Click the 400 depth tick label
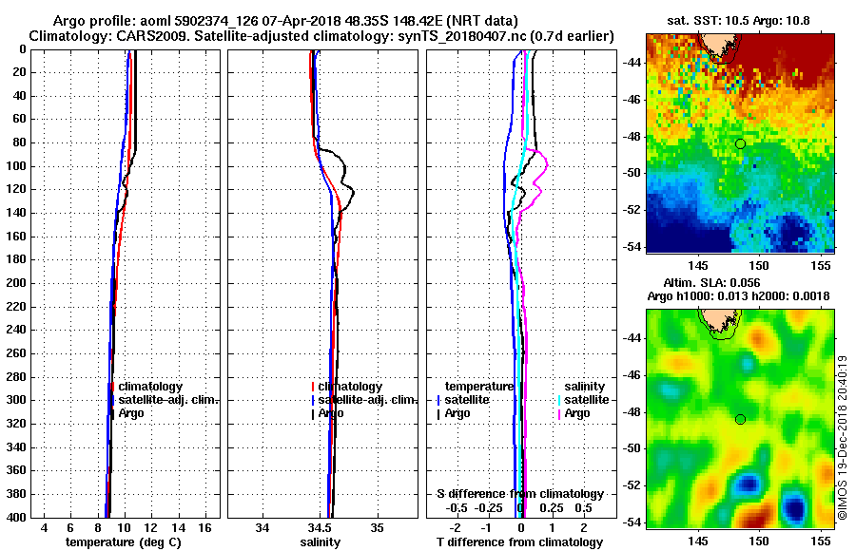(x=17, y=518)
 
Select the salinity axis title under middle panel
(x=320, y=542)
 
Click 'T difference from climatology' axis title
(x=519, y=542)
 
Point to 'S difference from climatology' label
(x=519, y=494)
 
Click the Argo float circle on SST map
(x=740, y=143)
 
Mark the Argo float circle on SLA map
(x=740, y=419)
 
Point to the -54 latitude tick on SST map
(x=631, y=246)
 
